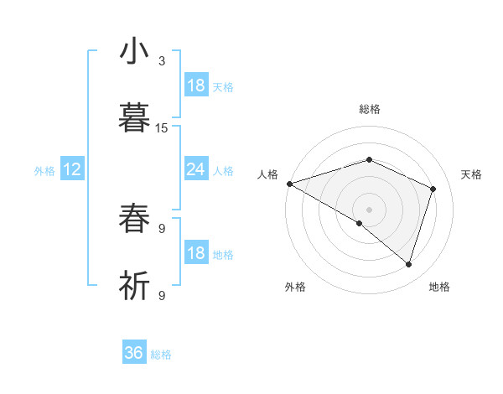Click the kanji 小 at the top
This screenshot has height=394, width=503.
pyautogui.click(x=134, y=51)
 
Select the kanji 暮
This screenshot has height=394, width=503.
pyautogui.click(x=134, y=118)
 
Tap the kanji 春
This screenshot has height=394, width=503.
pyautogui.click(x=134, y=219)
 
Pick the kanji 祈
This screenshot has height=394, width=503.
pyautogui.click(x=134, y=285)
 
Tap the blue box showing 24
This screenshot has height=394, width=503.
pyautogui.click(x=195, y=169)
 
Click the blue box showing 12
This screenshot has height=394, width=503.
pyautogui.click(x=72, y=169)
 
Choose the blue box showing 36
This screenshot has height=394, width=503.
pyautogui.click(x=134, y=353)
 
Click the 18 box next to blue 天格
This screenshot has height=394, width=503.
pyautogui.click(x=195, y=86)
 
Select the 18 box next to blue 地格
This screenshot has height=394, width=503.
pyautogui.click(x=195, y=253)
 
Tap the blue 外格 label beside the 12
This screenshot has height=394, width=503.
pyautogui.click(x=44, y=171)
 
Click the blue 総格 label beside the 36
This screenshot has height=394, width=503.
pyautogui.click(x=161, y=355)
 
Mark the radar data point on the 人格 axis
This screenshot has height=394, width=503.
pyautogui.click(x=289, y=184)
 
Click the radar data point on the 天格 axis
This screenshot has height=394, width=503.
pyautogui.click(x=433, y=189)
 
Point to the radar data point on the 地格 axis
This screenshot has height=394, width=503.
pyautogui.click(x=408, y=264)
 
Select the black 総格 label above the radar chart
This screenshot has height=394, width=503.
pyautogui.click(x=369, y=109)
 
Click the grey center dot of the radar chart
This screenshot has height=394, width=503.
pyautogui.click(x=369, y=209)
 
